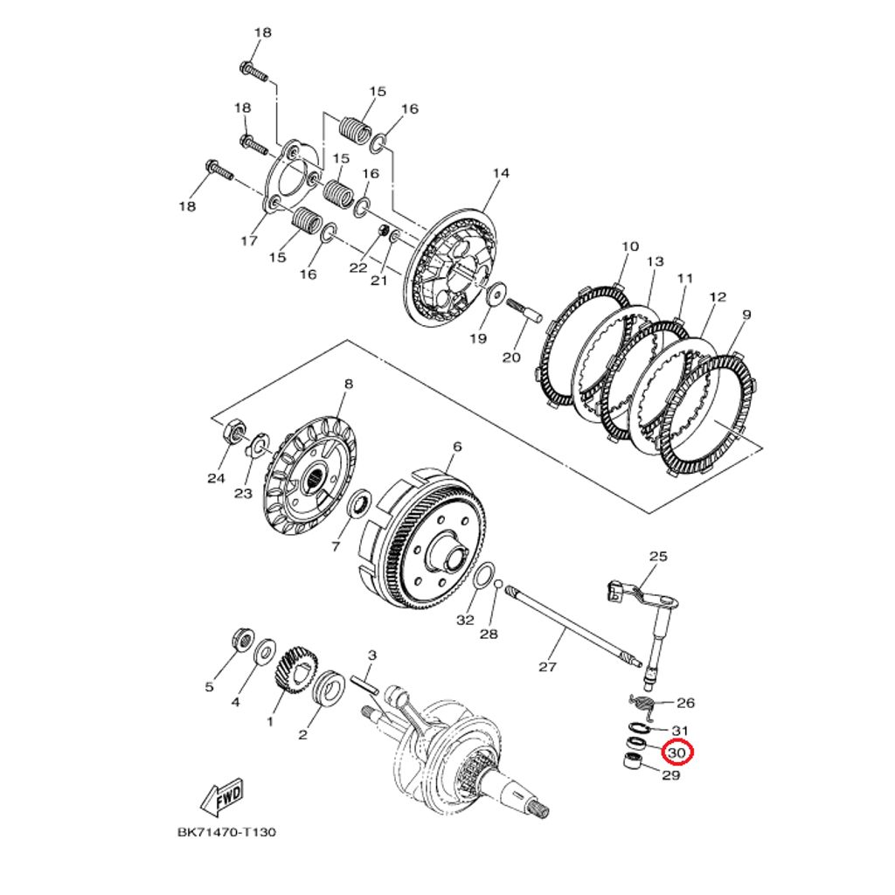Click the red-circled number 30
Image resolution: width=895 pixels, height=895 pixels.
677,752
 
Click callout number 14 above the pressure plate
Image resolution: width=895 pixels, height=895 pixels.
500,173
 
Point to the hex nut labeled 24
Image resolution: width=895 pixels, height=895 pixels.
234,432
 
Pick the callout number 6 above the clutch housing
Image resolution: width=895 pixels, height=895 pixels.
455,446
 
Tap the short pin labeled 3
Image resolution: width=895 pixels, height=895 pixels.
365,683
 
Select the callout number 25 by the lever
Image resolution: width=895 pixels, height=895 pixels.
657,556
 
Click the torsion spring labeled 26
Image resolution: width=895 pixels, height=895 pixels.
644,702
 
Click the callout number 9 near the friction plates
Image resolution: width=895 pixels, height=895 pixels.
746,315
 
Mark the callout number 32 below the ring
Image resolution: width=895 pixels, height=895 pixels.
465,620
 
